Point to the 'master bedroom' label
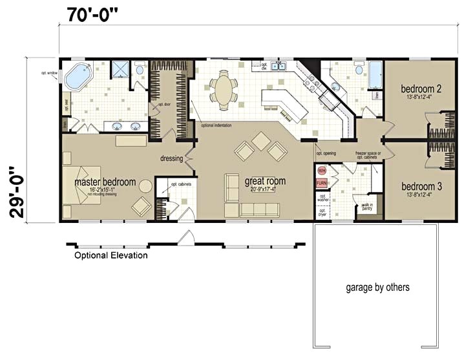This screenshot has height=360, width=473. click(105, 182)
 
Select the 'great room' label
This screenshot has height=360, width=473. click(265, 182)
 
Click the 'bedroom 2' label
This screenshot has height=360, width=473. click(421, 89)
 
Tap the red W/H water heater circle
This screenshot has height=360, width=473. click(322, 171)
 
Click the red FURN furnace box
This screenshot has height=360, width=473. click(322, 184)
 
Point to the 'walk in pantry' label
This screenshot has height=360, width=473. click(367, 207)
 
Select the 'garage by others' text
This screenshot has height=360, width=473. click(377, 287)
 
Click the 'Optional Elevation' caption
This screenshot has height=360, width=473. click(110, 255)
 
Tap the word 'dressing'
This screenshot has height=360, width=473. click(172, 158)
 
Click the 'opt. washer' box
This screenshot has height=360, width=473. click(323, 198)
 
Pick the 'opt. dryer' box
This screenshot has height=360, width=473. click(323, 213)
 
